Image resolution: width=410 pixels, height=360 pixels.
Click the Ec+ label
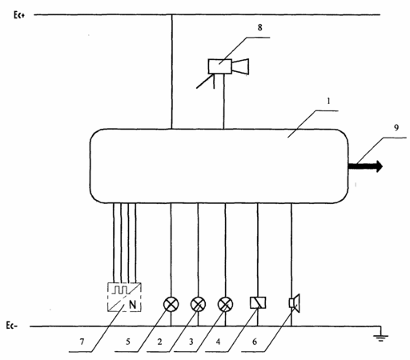tap(19, 15)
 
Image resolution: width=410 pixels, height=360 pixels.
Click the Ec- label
tap(12, 326)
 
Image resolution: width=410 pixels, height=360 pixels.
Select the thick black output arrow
tap(365, 166)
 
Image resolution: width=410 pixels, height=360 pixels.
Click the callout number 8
tap(259, 27)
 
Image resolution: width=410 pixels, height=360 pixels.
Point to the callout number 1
tap(329, 101)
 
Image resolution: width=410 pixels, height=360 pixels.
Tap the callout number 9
tap(396, 128)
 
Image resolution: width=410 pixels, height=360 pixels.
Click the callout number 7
tap(82, 342)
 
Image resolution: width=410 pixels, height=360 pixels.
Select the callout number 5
tap(128, 342)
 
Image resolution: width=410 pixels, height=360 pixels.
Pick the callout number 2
tap(159, 342)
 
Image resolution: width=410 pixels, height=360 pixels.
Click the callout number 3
tap(191, 342)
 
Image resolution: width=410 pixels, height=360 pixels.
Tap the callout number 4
tap(219, 342)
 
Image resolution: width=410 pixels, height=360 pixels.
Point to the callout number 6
tap(255, 342)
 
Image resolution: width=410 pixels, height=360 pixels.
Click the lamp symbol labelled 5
tap(171, 304)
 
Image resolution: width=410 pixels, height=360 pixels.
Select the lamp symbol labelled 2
tap(198, 304)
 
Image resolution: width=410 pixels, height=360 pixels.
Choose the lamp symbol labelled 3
tap(225, 304)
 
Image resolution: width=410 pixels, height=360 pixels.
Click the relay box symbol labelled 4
tap(258, 302)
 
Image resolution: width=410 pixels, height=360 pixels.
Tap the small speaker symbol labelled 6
tap(295, 303)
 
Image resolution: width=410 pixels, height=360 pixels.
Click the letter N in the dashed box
tap(132, 305)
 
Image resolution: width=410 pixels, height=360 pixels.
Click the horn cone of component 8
tap(240, 66)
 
